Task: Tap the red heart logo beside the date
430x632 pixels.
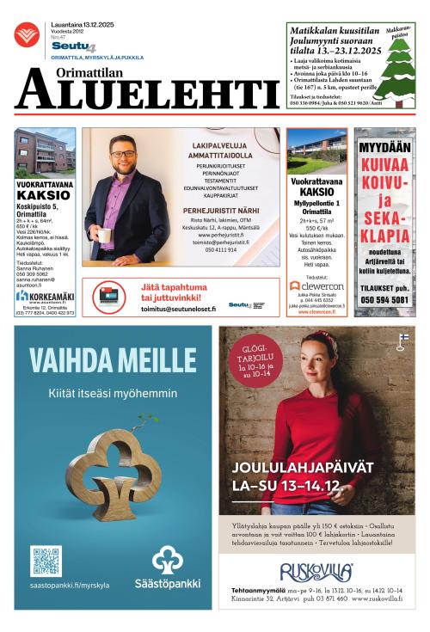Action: (26, 34)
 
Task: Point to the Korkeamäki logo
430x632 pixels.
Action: (45, 296)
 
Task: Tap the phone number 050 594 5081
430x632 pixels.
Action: (384, 298)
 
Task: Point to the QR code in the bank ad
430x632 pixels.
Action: (46, 561)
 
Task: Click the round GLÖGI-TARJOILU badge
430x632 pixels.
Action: (253, 360)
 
